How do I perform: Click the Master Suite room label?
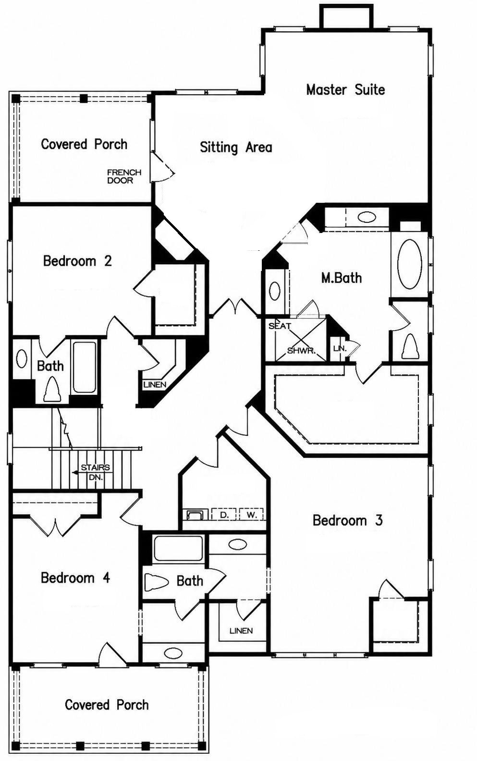point(345,90)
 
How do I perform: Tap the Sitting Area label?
point(236,147)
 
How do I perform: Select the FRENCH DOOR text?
point(124,176)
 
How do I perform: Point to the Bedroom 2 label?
point(77,261)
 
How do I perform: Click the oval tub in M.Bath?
point(410,264)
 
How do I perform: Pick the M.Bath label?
point(342,278)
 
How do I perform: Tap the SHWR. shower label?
point(301,351)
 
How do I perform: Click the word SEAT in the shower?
point(280,326)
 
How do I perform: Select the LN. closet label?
point(340,349)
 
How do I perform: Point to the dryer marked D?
point(224,515)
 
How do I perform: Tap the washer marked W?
point(251,515)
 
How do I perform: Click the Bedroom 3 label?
point(348,520)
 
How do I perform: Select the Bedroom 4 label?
point(75,577)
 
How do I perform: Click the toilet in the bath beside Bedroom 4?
point(157,581)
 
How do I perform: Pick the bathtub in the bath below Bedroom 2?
point(84,367)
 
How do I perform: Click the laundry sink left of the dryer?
point(195,515)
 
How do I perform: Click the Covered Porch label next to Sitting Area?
point(84,144)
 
